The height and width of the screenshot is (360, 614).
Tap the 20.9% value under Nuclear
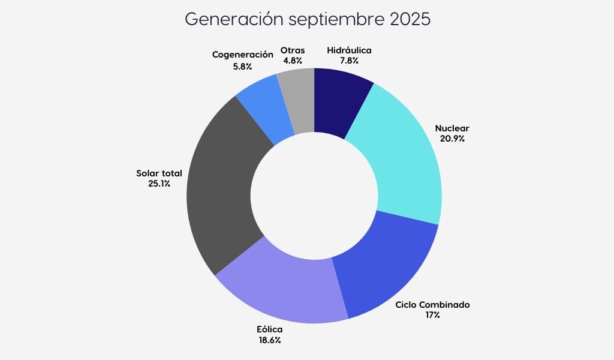452,138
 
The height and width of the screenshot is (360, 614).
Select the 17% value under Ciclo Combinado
432,314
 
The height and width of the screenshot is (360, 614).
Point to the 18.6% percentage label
269,340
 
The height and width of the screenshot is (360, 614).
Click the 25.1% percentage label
159,184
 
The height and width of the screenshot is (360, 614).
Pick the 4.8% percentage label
293,60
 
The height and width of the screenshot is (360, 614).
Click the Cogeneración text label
243,55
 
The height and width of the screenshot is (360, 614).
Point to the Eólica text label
269,329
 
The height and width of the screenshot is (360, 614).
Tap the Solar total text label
159,173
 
